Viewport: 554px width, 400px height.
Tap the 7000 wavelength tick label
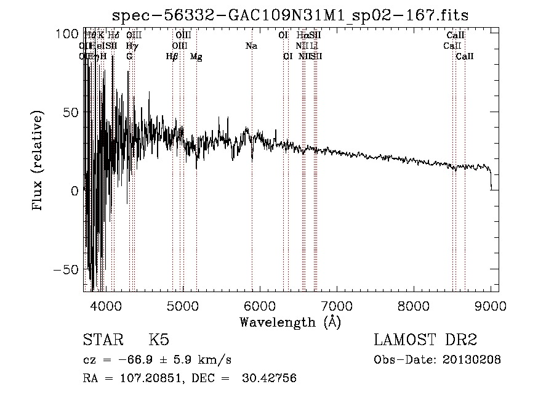337,306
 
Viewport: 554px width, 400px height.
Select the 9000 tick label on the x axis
491,306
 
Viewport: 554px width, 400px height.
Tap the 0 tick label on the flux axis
74,190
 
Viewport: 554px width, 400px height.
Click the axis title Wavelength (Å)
290,322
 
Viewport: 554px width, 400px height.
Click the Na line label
251,46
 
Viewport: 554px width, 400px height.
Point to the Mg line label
196,56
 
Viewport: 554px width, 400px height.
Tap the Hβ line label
172,56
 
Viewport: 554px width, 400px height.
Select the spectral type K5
159,340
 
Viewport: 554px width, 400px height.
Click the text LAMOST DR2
425,340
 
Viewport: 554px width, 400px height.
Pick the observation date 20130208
470,360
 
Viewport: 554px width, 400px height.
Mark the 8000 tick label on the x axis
414,306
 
